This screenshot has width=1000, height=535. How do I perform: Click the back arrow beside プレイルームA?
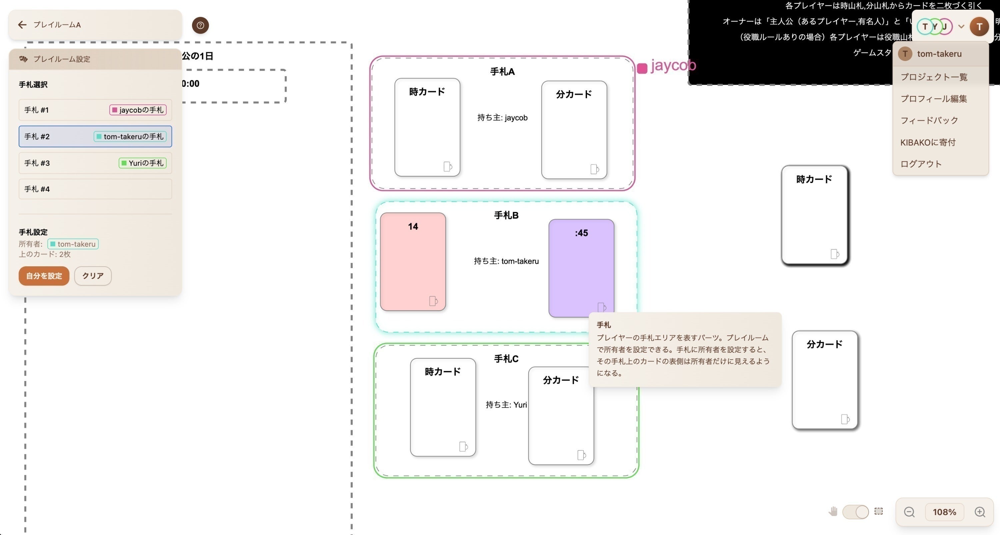[22, 25]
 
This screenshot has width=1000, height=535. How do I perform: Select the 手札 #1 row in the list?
[95, 110]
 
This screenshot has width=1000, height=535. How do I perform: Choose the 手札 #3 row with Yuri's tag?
[95, 163]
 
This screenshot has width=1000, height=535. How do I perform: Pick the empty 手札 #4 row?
[95, 189]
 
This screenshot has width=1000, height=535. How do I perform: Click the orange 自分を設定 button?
[44, 276]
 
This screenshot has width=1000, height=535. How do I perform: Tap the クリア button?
[93, 276]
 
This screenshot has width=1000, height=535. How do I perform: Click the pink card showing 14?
[413, 262]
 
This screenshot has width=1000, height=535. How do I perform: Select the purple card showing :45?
[581, 268]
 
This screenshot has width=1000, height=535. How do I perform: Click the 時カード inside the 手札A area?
[427, 127]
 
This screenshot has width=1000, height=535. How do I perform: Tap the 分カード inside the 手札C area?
[561, 415]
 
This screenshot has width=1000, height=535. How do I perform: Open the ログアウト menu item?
[921, 164]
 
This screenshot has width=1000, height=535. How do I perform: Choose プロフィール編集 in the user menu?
[934, 99]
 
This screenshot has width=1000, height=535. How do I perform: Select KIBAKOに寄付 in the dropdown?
[928, 142]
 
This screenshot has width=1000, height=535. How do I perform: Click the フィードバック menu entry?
[929, 120]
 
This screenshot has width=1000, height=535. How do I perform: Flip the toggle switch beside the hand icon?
[855, 512]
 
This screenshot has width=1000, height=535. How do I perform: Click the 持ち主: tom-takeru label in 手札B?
[506, 261]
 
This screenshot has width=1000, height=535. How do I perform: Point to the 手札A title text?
[502, 72]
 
